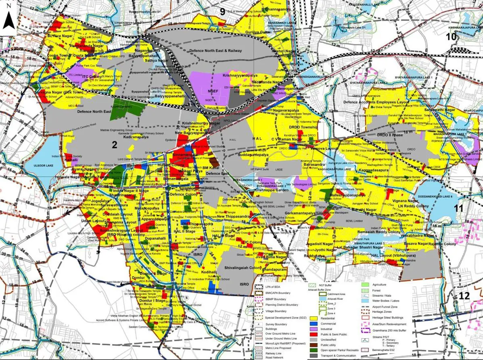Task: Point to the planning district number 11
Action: click(x=458, y=208)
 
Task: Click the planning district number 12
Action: click(x=464, y=296)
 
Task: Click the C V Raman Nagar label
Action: click(x=286, y=139)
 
